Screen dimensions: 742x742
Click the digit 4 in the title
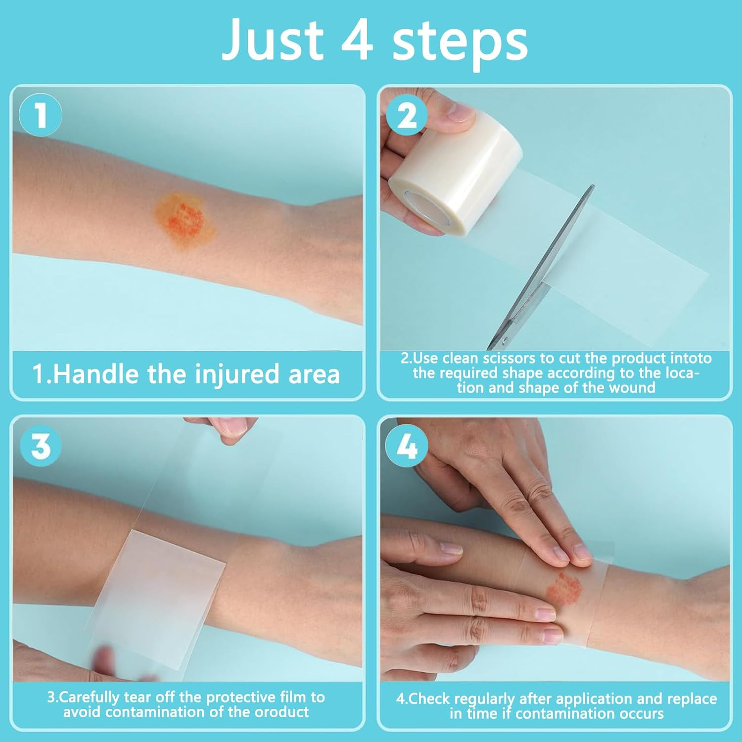357,40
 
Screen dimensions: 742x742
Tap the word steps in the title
460,42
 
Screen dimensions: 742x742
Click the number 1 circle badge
41,115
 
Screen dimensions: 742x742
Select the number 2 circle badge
407,116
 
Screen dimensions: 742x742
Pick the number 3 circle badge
41,446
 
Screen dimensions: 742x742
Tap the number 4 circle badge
407,447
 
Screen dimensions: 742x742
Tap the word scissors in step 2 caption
509,358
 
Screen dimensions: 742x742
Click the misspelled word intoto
691,358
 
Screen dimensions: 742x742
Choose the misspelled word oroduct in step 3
281,712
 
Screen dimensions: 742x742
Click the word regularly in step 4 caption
484,699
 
